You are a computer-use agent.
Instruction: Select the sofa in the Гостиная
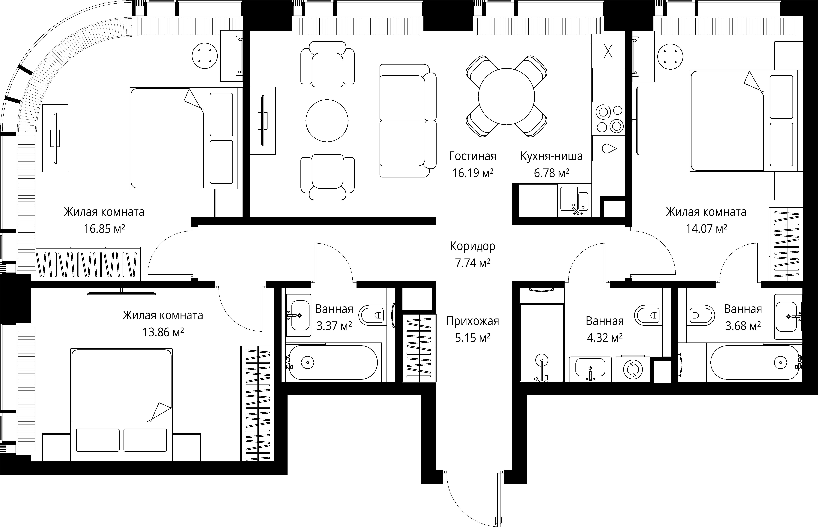coord(408,121)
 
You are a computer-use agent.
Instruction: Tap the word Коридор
coord(473,246)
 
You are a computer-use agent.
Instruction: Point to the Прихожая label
coord(473,321)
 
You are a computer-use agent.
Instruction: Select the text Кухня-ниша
coord(551,156)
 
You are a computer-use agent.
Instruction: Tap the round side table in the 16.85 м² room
coord(205,55)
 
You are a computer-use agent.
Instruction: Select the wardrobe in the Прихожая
coord(419,348)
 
